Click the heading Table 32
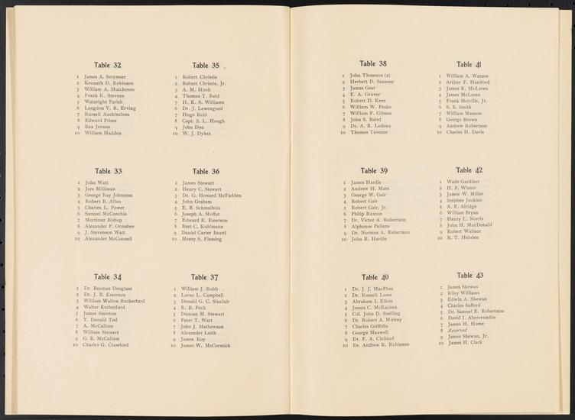tap(107, 66)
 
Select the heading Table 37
tap(205, 277)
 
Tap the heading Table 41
tap(469, 65)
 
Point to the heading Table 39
tap(374, 170)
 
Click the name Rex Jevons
tap(97, 127)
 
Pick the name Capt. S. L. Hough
tap(203, 121)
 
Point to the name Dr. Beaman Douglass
tap(108, 289)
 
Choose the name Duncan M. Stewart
tap(203, 314)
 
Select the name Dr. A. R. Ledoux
tap(371, 126)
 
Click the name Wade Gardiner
tap(467, 182)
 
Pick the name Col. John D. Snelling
tap(376, 314)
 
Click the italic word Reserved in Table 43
tap(460, 329)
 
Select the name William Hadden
tap(102, 134)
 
